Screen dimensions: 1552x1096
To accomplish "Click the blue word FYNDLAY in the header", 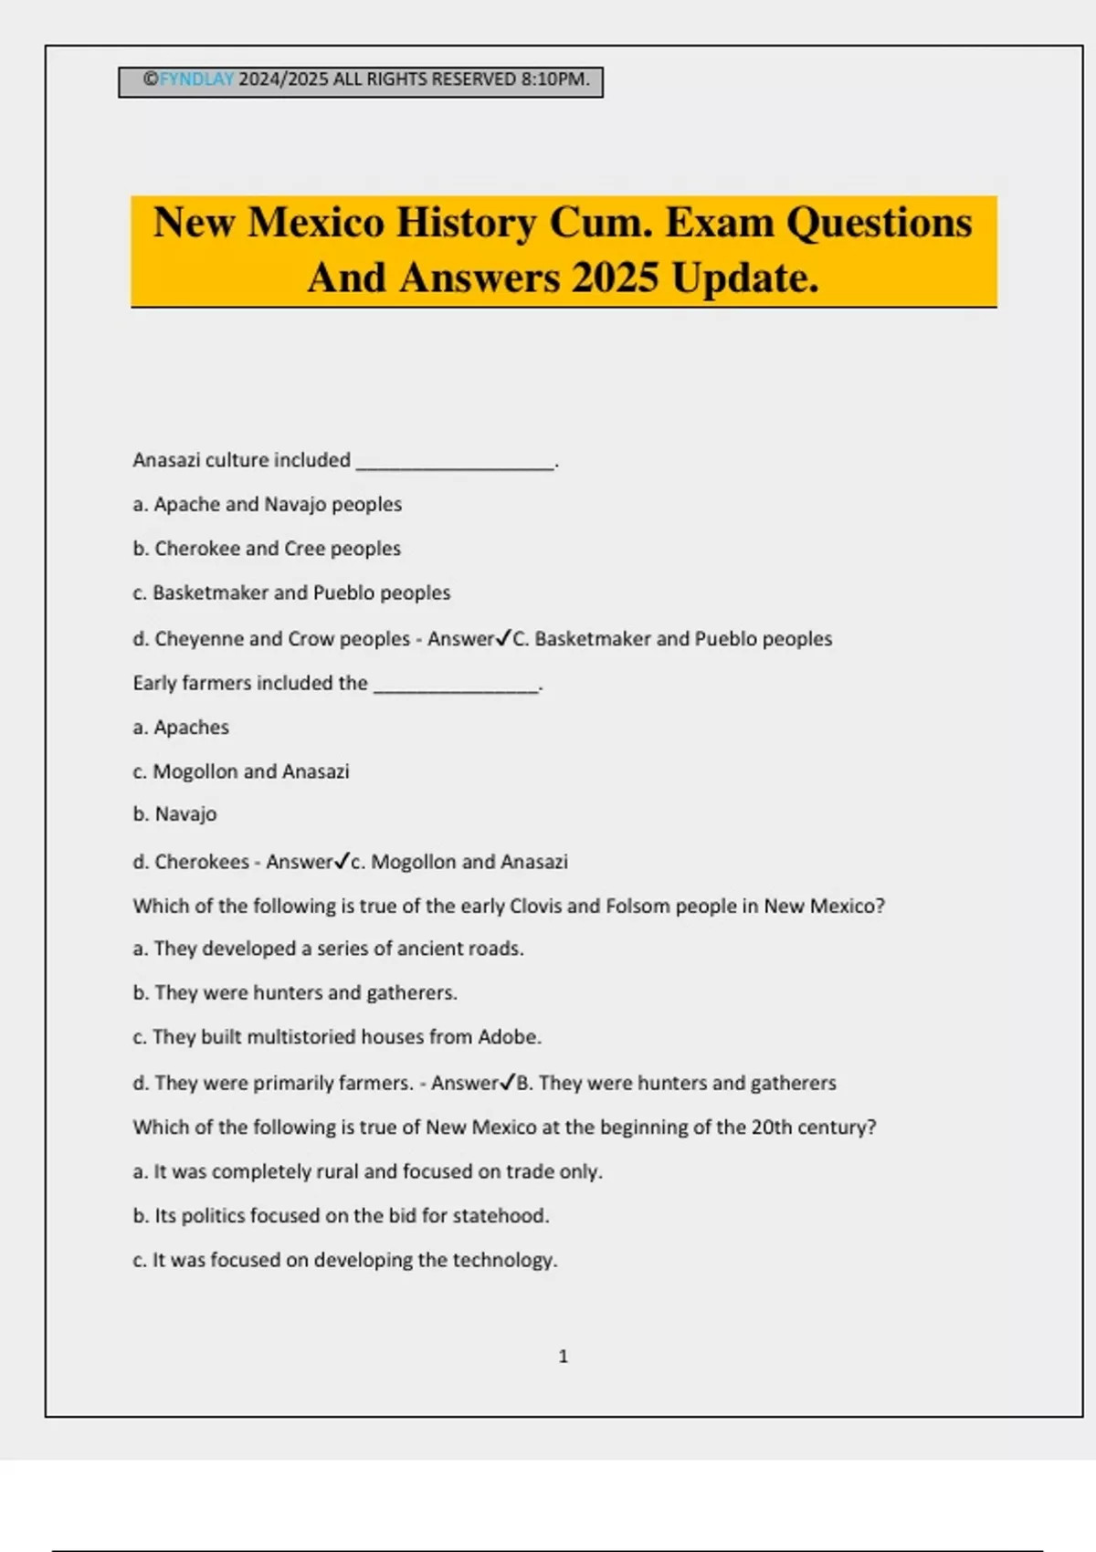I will (x=196, y=79).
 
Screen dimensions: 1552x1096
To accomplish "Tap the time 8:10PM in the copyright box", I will (x=554, y=79).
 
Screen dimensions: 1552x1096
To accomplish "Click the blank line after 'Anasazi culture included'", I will (x=455, y=464).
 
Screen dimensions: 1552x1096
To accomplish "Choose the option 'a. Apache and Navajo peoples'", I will (x=267, y=504).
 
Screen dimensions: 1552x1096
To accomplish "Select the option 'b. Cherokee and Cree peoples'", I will (x=267, y=549).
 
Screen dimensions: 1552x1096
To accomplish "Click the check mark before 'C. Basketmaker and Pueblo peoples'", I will (x=503, y=638).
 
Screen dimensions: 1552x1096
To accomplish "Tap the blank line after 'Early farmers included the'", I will (x=456, y=687).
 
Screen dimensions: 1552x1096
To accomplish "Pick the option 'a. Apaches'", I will (x=181, y=728).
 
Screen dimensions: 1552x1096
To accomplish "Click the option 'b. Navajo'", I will (x=174, y=814).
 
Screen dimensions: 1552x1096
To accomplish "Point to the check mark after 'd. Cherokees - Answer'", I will (x=342, y=861).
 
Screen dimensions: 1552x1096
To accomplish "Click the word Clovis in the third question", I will (x=535, y=906).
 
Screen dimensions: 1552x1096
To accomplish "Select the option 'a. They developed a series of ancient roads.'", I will (x=328, y=949).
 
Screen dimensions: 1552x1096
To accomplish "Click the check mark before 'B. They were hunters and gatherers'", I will (x=508, y=1083).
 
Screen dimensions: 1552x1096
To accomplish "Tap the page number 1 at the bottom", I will (x=563, y=1357).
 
